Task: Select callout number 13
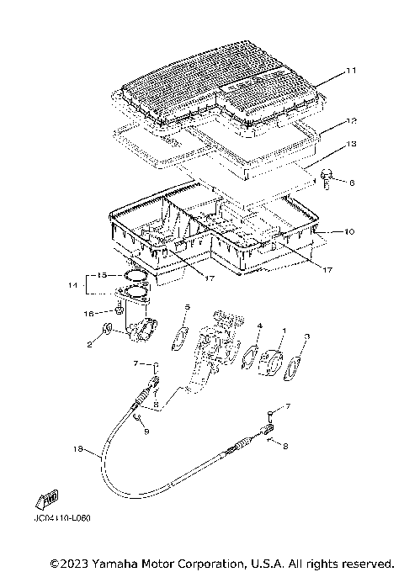352,145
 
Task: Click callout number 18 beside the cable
78,451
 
